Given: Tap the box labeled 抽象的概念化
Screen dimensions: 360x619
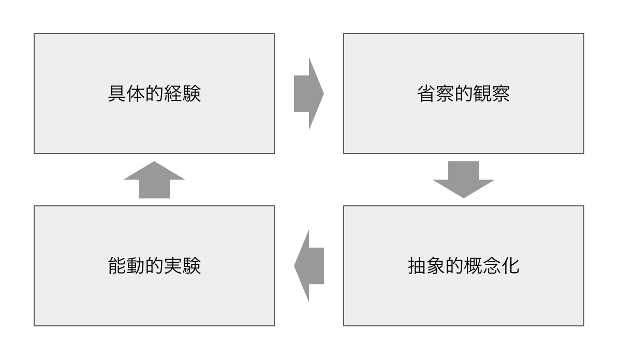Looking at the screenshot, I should click(x=463, y=300).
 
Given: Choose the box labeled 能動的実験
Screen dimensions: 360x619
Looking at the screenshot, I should click(x=154, y=300).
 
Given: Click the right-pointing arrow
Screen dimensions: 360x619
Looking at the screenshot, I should click(x=308, y=94).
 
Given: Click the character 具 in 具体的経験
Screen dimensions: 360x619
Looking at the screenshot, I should click(x=117, y=94).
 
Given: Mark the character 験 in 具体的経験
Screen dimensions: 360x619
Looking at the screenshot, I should click(x=191, y=94).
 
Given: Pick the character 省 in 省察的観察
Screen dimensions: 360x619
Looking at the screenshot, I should click(x=426, y=94).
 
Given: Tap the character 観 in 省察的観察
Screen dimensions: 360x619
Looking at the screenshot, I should click(x=482, y=94).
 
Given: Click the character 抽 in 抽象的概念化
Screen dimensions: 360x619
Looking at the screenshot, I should click(x=417, y=266).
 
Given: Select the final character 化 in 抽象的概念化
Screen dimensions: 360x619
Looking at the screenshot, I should click(x=510, y=266).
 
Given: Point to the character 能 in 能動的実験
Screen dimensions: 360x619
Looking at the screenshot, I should click(x=117, y=266).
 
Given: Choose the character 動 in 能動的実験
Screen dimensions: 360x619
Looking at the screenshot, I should click(x=136, y=266).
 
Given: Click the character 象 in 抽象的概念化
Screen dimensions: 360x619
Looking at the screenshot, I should click(x=436, y=266).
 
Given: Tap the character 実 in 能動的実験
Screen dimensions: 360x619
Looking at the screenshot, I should click(x=173, y=266).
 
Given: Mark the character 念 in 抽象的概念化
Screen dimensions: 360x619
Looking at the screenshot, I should click(x=492, y=266).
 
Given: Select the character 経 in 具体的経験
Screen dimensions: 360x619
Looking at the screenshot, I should click(x=173, y=94).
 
